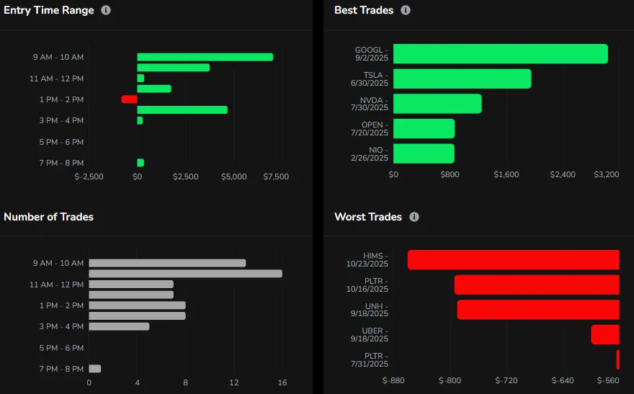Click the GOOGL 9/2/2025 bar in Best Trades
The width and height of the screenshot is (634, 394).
(500, 54)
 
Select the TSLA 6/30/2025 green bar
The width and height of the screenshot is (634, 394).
(462, 79)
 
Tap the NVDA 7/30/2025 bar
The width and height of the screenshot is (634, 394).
(437, 104)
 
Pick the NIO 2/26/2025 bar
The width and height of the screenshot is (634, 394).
(424, 153)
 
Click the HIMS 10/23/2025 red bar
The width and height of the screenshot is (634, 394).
(513, 260)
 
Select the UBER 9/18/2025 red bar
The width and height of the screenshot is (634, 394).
(605, 334)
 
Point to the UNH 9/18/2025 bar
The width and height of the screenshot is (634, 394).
(538, 310)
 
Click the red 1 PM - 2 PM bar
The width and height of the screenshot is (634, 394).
(129, 99)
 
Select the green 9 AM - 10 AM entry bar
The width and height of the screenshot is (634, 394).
(205, 57)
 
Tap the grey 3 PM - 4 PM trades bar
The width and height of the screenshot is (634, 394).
(119, 326)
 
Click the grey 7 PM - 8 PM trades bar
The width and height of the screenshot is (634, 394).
(94, 369)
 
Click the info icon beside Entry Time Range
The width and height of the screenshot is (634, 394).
(106, 11)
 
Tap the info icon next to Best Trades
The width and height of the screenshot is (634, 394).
(406, 11)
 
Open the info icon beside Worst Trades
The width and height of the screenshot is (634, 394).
(414, 217)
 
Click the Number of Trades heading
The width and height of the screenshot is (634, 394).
(48, 217)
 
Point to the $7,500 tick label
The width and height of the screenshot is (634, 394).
(276, 176)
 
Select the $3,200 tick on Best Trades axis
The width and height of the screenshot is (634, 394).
(607, 174)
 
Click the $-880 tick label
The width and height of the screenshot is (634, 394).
(394, 380)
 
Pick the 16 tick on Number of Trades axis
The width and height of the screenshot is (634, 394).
(282, 382)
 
